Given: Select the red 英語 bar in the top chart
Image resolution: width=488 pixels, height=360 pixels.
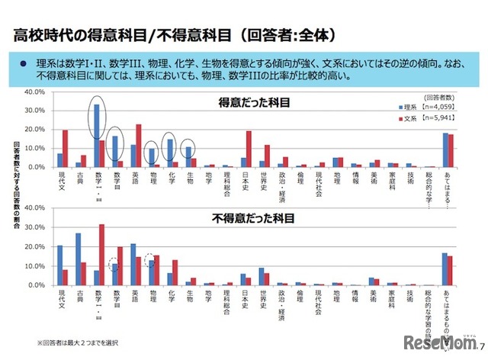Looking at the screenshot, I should point(138,146).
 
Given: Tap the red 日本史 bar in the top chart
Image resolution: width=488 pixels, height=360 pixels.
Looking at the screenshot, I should point(249,149).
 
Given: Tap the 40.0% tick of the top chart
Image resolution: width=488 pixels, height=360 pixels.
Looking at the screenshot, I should point(36,92).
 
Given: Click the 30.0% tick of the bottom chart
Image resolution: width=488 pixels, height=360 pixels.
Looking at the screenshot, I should point(36,227).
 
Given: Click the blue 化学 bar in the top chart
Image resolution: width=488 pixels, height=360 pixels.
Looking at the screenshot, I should point(170,153).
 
